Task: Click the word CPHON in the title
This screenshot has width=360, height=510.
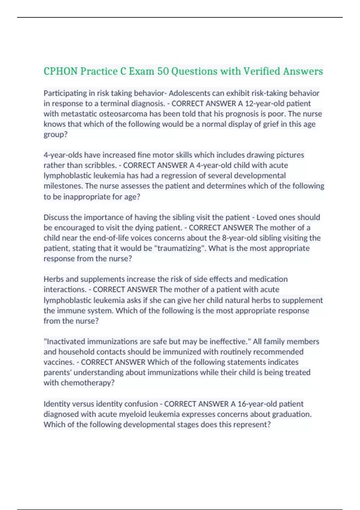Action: pos(61,71)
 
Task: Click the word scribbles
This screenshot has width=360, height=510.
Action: pos(100,165)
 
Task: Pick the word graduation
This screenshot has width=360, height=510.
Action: pos(291,414)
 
